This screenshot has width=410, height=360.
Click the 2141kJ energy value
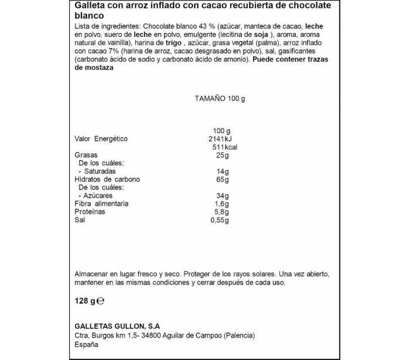pos(220,139)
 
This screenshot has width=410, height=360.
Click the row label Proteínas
pos(90,212)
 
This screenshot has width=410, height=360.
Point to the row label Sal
pos(80,220)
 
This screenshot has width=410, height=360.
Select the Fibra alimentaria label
pos(101,203)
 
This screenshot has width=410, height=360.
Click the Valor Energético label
pos(101,139)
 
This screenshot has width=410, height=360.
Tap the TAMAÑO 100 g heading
pos(220,99)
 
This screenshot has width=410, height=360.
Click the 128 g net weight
pos(85,301)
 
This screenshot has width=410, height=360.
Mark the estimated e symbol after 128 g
pos(100,302)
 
